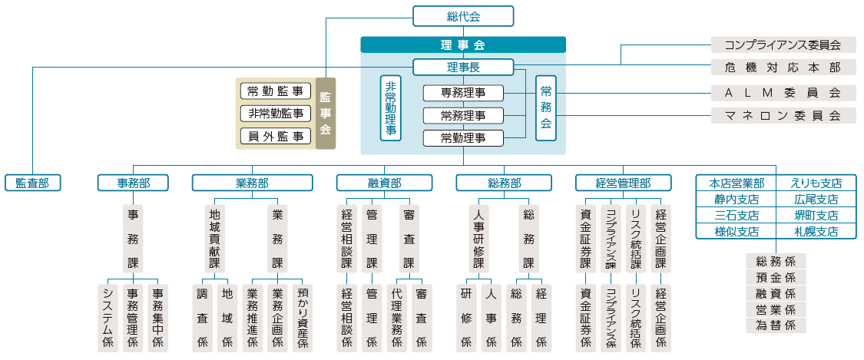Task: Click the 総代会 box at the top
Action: coord(463,16)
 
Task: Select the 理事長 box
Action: coord(463,67)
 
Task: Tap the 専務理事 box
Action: coord(463,93)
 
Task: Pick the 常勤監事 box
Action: coord(276,91)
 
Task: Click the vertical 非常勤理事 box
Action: coord(391,108)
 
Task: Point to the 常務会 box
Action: coord(546,108)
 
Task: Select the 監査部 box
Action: coord(32,183)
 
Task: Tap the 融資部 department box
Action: coord(385,183)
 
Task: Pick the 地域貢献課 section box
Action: coord(214,239)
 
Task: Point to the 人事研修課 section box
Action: coord(478,239)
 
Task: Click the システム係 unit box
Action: coord(108,318)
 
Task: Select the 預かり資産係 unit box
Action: coord(303,318)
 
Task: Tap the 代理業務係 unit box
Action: coord(397,318)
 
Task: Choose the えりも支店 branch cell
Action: coord(816,183)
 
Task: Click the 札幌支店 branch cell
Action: coord(816,231)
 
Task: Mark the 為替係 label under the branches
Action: coord(776,325)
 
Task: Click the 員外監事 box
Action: coord(276,136)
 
